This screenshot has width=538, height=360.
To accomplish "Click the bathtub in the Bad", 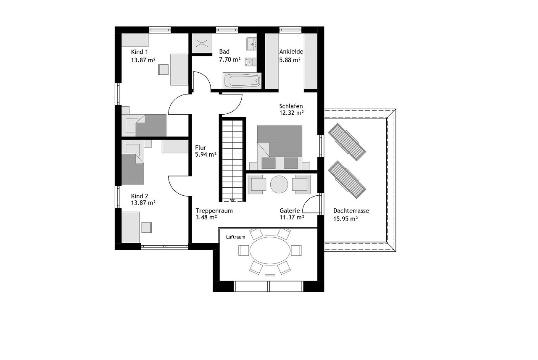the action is [242, 80].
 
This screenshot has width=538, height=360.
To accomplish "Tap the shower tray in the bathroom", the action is [202, 43].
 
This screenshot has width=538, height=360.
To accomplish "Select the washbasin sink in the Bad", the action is [251, 44].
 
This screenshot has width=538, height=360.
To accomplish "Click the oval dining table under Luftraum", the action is [270, 250].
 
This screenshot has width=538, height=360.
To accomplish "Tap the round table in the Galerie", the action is [279, 184].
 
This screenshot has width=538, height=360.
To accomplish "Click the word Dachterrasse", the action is [351, 211].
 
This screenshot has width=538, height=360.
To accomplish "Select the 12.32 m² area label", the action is [291, 113].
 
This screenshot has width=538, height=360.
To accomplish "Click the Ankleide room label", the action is [291, 52].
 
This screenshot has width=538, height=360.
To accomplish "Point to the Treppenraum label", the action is [214, 211].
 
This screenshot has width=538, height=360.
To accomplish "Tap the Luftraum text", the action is [236, 237].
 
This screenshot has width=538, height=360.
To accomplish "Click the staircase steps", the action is [232, 160].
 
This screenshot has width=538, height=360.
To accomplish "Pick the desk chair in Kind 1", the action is [164, 69].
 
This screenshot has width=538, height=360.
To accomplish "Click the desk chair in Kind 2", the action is [147, 228].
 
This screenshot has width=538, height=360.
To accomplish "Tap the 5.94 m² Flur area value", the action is [206, 154].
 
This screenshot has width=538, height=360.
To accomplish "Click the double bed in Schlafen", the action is [280, 147].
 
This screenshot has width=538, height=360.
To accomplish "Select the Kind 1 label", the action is [139, 52].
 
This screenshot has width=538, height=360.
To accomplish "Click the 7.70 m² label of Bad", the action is [229, 60].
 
